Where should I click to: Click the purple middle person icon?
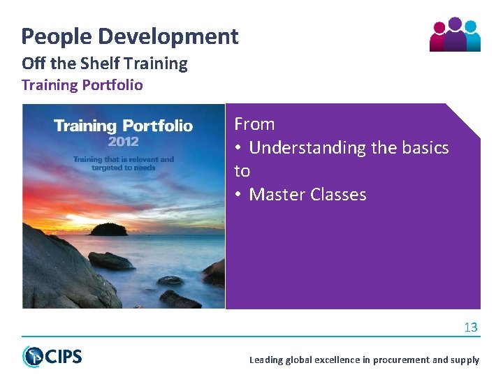point(455,35)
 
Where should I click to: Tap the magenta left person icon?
point(439,38)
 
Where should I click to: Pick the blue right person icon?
point(472,38)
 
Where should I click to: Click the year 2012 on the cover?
point(123,141)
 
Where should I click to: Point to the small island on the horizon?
point(109,229)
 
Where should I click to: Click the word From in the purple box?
point(254,124)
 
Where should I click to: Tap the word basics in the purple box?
point(423,148)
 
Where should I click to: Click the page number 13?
point(470,327)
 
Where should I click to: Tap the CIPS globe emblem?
point(32,356)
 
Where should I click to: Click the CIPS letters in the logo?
point(63,357)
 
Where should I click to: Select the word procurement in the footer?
point(401,360)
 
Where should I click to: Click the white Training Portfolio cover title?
point(123,126)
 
